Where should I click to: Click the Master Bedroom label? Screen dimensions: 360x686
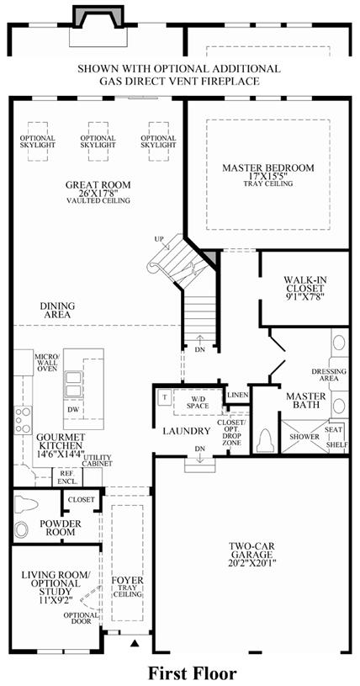267,168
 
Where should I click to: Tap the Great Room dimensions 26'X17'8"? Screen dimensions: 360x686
98,193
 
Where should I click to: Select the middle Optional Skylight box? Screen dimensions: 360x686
98,141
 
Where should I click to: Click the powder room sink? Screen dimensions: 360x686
20,530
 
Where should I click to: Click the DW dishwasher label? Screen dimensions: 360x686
72,410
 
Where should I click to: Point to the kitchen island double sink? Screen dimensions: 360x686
73,384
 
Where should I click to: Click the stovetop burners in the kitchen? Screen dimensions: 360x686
23,420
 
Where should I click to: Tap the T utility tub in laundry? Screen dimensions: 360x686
165,397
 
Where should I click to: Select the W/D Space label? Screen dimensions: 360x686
198,402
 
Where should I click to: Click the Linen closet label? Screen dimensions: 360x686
237,395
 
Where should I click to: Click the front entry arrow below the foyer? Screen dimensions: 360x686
135,643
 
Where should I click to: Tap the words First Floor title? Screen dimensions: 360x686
193,673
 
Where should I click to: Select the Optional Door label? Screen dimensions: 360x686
77,617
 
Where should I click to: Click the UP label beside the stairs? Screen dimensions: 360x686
159,239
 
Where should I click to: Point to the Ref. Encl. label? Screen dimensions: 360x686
67,478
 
